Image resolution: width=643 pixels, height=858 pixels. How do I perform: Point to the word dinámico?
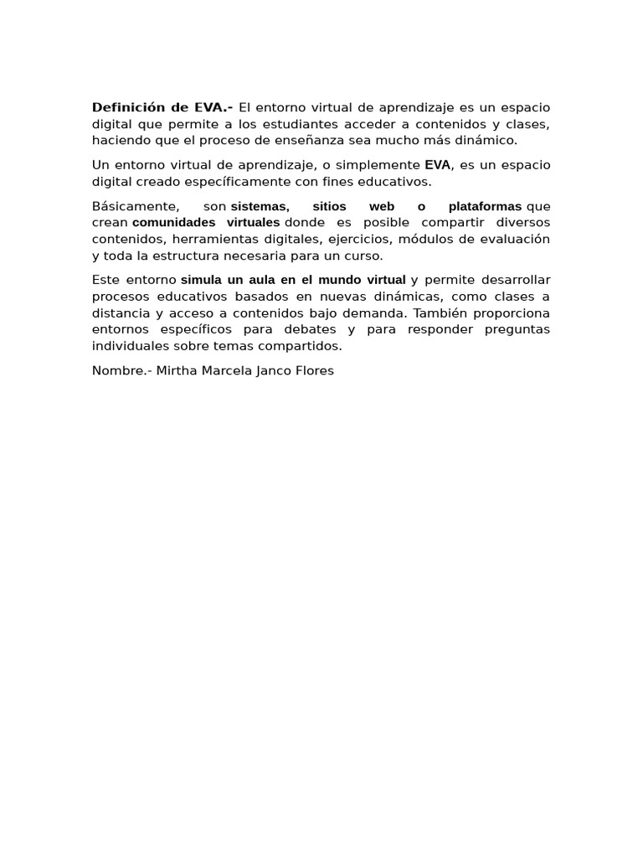point(487,140)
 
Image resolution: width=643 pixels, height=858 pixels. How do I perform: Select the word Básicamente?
point(135,206)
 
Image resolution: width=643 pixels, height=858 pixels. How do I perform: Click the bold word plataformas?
point(485,206)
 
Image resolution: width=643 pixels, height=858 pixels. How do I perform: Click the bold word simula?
point(201,280)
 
